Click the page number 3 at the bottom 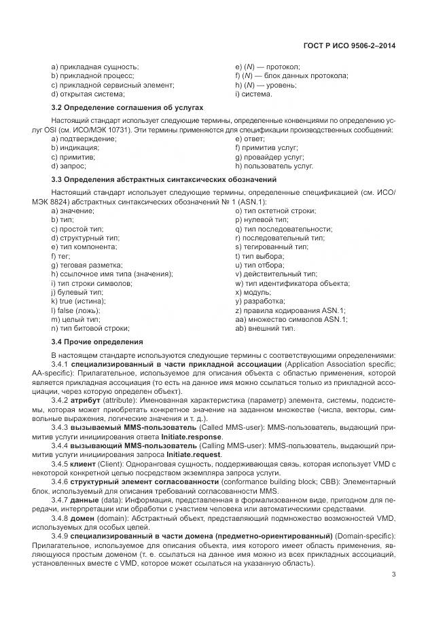click(x=393, y=576)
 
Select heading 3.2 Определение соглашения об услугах click(x=127, y=109)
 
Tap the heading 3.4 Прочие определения click(x=97, y=342)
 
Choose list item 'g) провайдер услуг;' click(x=270, y=156)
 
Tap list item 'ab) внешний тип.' click(x=265, y=328)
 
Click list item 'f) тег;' click(x=63, y=256)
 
